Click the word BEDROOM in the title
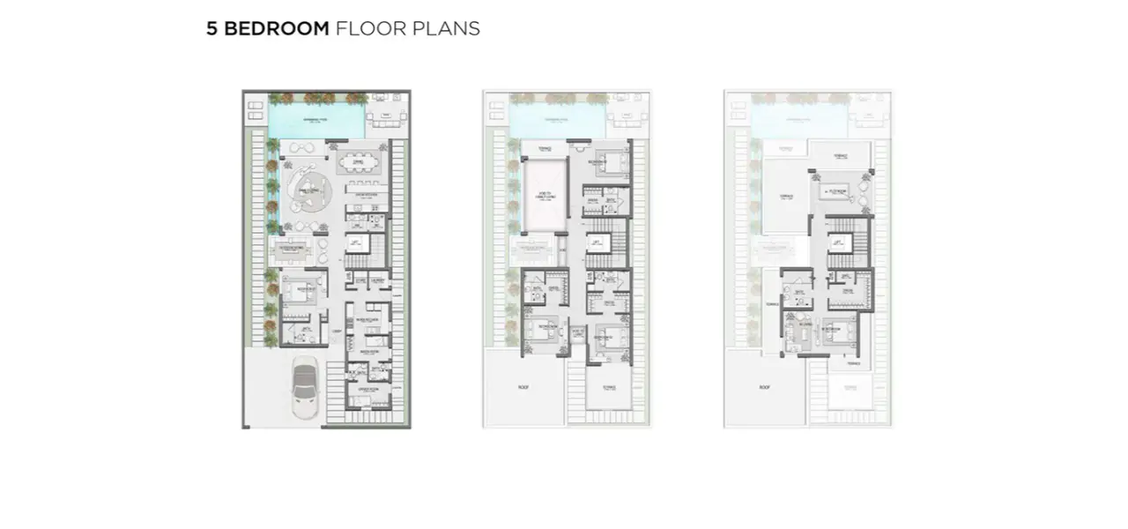276,28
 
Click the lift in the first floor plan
357,242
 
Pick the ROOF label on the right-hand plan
764,387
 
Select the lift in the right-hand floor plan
838,242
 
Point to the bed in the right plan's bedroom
836,334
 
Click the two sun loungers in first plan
256,110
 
